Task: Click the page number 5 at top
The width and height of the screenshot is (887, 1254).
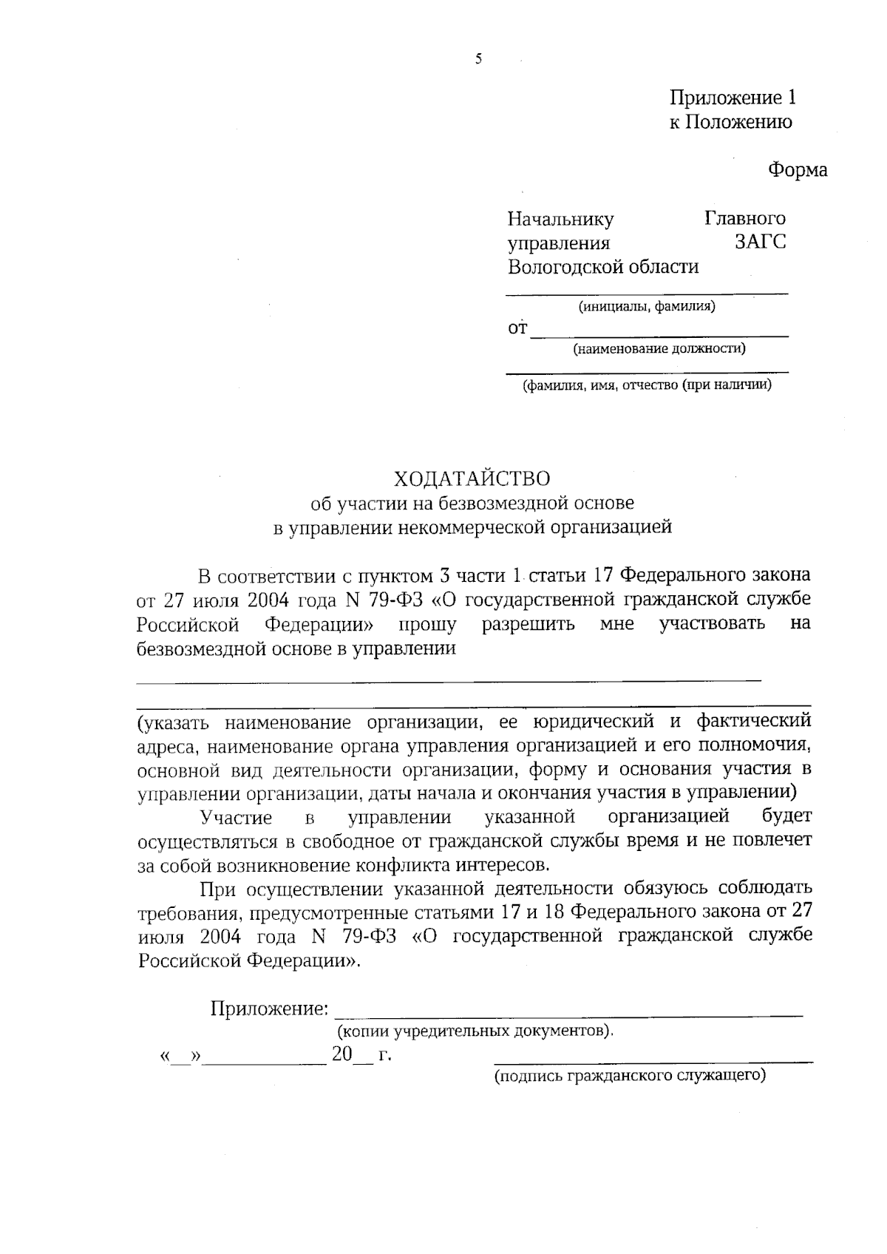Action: (478, 60)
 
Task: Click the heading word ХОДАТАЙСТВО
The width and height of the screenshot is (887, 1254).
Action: (472, 479)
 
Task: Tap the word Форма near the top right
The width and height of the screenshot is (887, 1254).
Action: (797, 170)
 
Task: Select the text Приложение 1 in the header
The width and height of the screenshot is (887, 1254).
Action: (733, 98)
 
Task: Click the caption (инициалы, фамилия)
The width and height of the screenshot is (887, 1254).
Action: (646, 306)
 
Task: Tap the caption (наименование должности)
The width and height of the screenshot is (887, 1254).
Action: (659, 348)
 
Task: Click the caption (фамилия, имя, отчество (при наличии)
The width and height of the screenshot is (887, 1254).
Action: (647, 385)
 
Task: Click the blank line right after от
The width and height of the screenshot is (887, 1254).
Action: (659, 334)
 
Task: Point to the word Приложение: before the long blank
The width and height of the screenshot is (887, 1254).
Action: (269, 1009)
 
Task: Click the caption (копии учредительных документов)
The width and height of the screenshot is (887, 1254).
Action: (475, 1031)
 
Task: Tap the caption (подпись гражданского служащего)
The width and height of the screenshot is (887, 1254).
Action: (630, 1075)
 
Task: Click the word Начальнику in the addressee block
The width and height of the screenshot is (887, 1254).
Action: (560, 219)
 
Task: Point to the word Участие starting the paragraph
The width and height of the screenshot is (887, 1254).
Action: (236, 817)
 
